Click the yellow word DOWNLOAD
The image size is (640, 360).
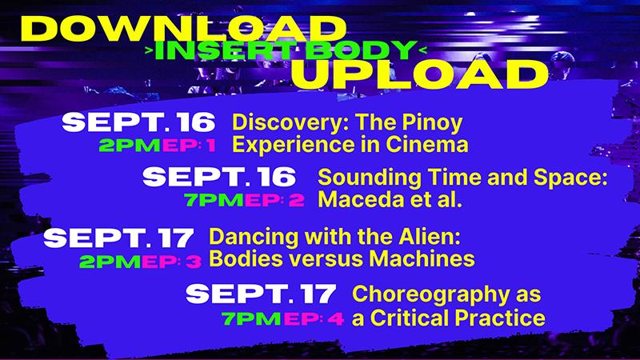(x=184, y=29)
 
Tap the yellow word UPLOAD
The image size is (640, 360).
(x=419, y=75)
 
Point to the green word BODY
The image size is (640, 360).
(x=358, y=50)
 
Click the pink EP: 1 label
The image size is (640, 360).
(x=189, y=146)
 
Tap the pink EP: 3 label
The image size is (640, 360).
(x=171, y=262)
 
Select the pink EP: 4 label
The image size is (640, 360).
(x=314, y=318)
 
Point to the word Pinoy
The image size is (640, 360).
(x=432, y=123)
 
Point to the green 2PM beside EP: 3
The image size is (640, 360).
(x=110, y=262)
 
